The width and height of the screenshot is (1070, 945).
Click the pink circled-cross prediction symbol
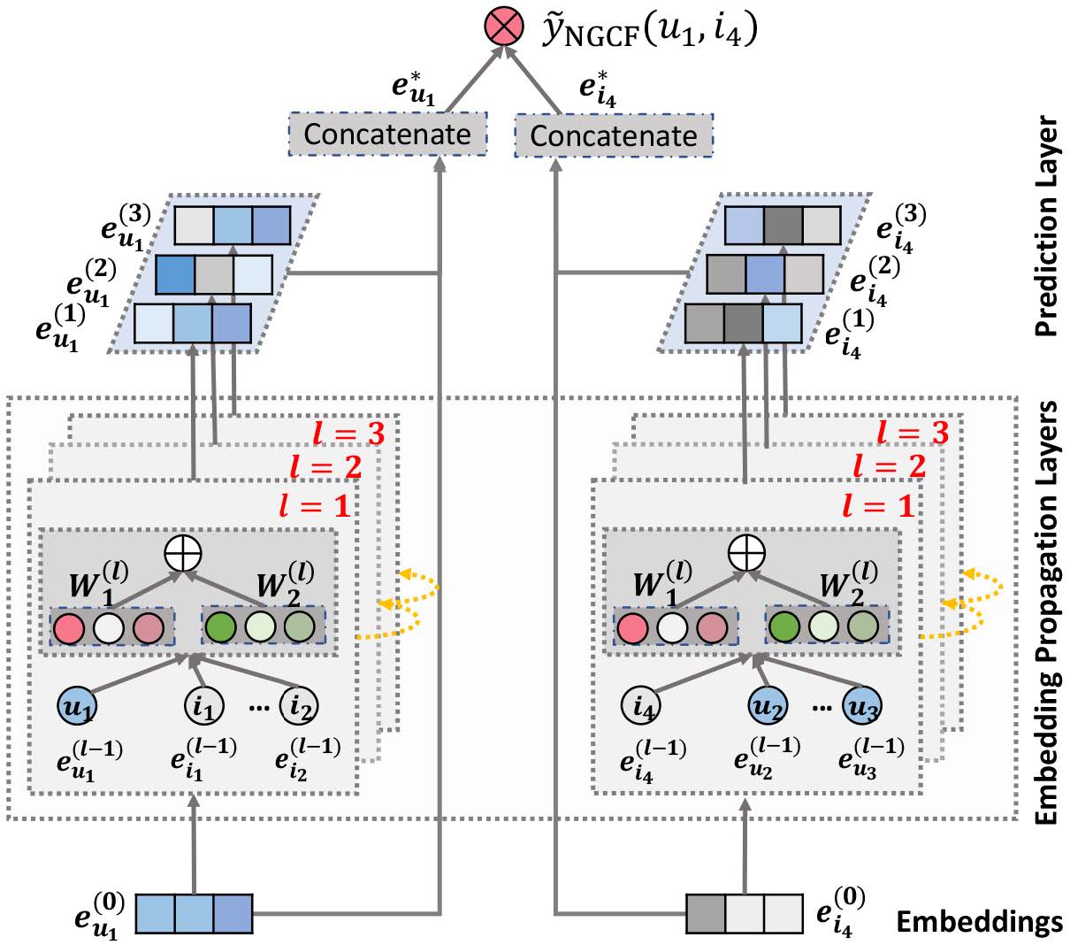[x=504, y=26]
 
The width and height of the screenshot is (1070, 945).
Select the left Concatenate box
[x=387, y=134]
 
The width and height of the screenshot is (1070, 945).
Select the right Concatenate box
[x=614, y=135]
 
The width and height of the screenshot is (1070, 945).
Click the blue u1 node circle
[x=77, y=705]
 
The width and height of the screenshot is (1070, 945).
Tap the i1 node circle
[x=204, y=705]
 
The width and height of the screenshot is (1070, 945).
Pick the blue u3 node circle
[x=862, y=705]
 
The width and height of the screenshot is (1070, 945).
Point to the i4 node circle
[x=640, y=705]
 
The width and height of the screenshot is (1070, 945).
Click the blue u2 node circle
[x=768, y=705]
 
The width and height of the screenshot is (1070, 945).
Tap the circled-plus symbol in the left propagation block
[x=183, y=554]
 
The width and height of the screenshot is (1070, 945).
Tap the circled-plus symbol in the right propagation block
[x=746, y=553]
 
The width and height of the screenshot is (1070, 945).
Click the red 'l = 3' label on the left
[x=349, y=434]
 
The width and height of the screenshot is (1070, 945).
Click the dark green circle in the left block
[x=220, y=627]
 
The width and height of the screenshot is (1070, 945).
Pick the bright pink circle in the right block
[x=632, y=628]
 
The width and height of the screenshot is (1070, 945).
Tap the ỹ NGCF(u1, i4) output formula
[x=650, y=29]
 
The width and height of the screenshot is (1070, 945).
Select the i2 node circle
[x=298, y=705]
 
